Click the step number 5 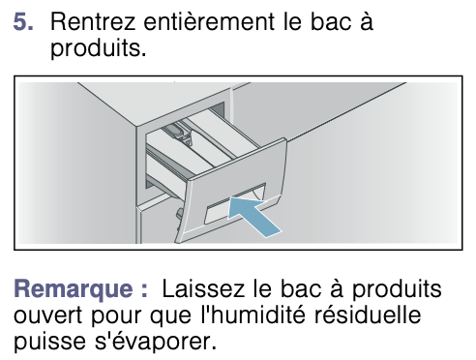pos(23,22)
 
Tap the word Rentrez pos(93,22)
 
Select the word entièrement pos(209,22)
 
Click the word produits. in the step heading pos(99,49)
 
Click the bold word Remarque pos(74,289)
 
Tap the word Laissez pos(203,288)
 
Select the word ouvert pos(48,315)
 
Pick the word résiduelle pos(368,315)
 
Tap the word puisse pos(49,342)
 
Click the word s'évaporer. pos(156,342)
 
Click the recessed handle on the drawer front pos(235,204)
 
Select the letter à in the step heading pos(367,22)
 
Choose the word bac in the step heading pos(331,22)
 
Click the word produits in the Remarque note pos(397,289)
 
